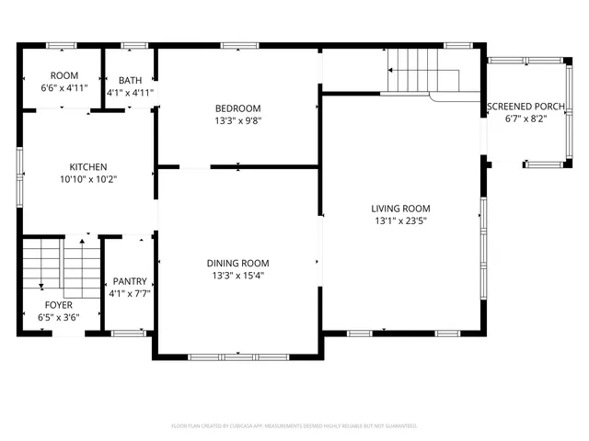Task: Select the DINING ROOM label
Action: (x=237, y=263)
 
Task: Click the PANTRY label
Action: (x=128, y=282)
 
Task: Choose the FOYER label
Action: (x=59, y=305)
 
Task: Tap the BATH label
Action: (x=129, y=81)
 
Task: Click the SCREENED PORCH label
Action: (x=525, y=107)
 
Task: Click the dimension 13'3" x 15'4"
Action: (x=237, y=275)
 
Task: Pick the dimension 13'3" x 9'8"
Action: (x=238, y=119)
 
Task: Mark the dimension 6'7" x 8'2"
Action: (x=525, y=119)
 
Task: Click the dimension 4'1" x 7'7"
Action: (x=128, y=294)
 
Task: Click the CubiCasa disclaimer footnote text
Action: (x=294, y=426)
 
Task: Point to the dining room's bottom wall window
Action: (x=237, y=356)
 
